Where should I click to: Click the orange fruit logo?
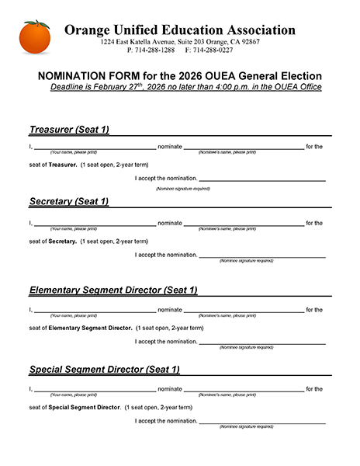click(35, 37)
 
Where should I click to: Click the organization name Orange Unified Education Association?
click(179, 30)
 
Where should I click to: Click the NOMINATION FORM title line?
click(179, 76)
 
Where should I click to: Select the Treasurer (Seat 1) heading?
click(69, 129)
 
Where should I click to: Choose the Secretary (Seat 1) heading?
click(69, 201)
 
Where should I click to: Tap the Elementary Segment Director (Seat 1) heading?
click(113, 290)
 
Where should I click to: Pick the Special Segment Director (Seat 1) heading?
click(104, 369)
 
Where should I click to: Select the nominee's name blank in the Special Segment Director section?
click(244, 388)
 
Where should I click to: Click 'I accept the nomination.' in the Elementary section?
click(166, 341)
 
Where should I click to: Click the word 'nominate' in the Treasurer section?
click(170, 146)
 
